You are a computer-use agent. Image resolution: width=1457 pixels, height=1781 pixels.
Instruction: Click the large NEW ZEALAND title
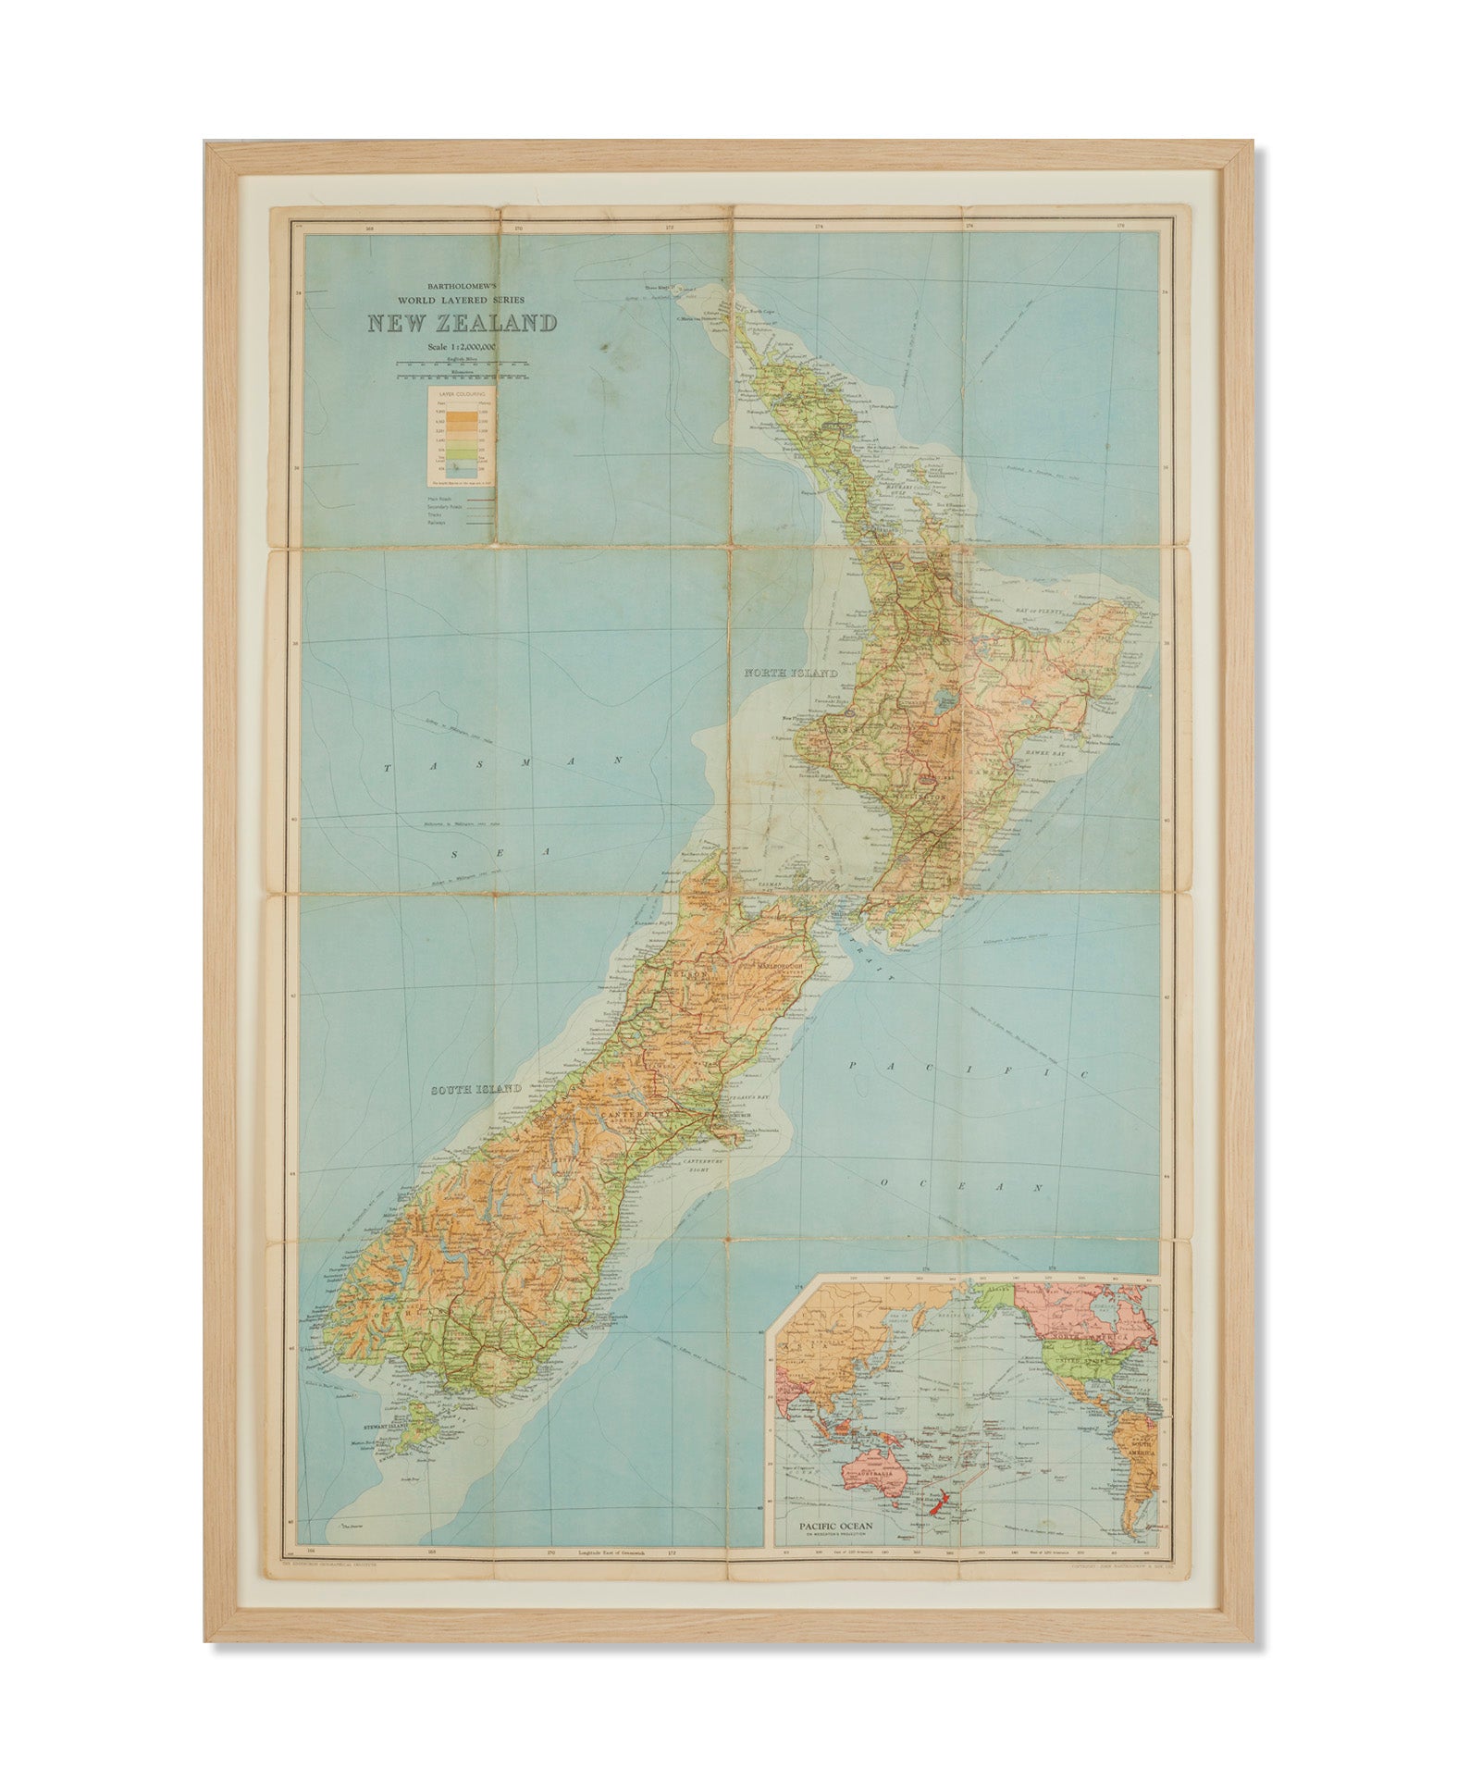(462, 324)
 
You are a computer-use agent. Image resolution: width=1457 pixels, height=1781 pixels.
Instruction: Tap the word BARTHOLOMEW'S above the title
(462, 287)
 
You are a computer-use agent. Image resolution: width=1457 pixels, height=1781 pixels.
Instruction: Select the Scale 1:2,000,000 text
(462, 347)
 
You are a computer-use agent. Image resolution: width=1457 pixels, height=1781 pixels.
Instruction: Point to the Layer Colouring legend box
(459, 437)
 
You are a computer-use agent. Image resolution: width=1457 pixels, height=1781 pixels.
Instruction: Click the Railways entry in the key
(437, 523)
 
